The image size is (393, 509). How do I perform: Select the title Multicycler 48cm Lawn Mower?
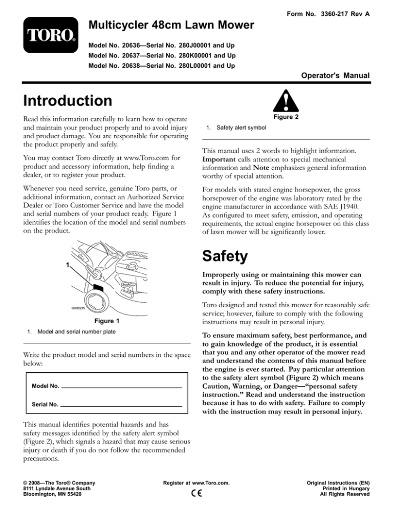170,25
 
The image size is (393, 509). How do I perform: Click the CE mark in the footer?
196,494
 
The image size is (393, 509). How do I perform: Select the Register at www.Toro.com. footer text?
196,482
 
